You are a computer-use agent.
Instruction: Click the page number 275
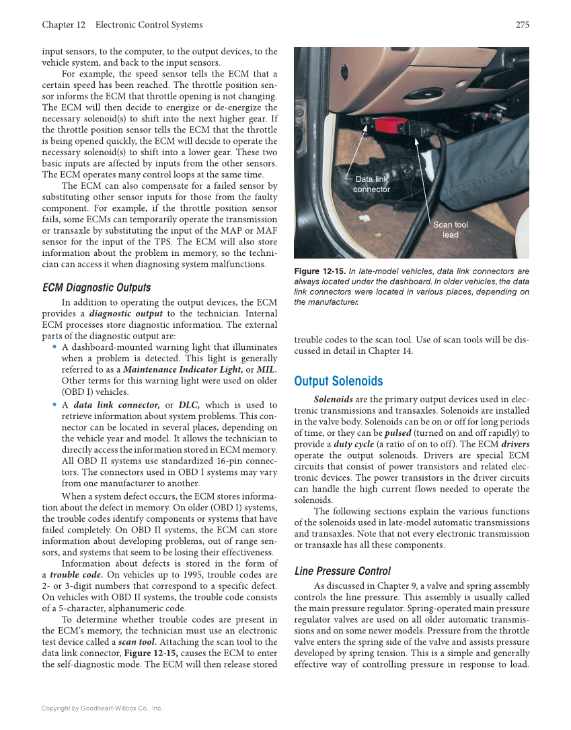523,25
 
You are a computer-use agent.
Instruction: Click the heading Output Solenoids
338,381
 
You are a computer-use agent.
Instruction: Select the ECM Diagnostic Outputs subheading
96,287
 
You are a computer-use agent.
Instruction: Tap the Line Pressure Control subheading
342,571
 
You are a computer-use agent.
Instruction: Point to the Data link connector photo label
371,184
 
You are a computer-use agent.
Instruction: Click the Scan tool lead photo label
450,230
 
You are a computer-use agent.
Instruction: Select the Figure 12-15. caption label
319,271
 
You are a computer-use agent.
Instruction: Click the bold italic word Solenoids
333,399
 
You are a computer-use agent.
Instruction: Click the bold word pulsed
397,433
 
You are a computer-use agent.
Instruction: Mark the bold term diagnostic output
125,314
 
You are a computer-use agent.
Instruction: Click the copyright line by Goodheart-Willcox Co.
102,708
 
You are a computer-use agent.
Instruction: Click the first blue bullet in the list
54,347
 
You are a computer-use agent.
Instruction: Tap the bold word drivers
515,445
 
